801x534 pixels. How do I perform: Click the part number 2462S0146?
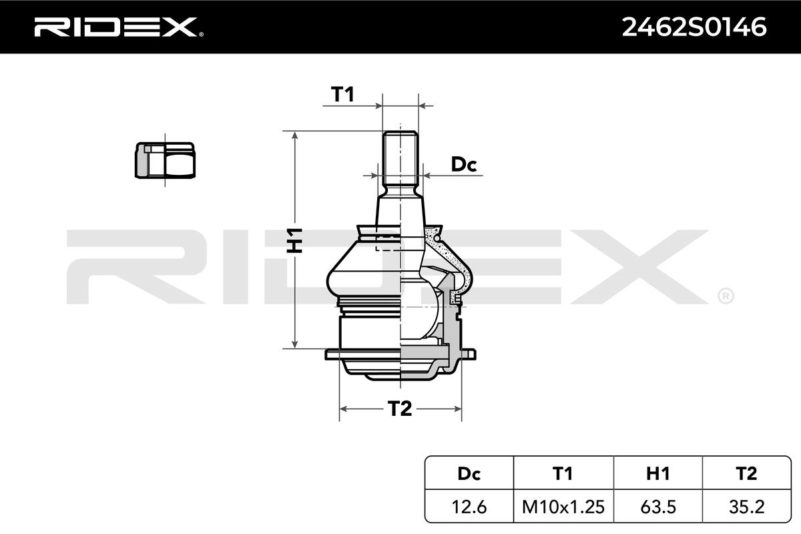point(694,27)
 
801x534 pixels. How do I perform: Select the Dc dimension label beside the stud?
point(464,164)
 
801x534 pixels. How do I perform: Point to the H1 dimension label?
point(294,240)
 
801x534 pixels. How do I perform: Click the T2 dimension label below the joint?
point(400,409)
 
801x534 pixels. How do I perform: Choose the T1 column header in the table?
point(563,473)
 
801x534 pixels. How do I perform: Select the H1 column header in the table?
point(657,473)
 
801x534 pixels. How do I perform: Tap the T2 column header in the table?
point(747,473)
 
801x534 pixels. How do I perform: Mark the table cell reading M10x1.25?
point(563,507)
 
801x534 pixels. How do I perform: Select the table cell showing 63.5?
point(657,507)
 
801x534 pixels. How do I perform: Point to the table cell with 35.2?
point(747,507)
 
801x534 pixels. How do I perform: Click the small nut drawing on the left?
point(164,160)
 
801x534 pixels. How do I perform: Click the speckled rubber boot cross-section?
point(454,257)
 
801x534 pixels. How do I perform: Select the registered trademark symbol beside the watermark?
point(725,294)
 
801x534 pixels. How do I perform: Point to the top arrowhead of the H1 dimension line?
point(294,134)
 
